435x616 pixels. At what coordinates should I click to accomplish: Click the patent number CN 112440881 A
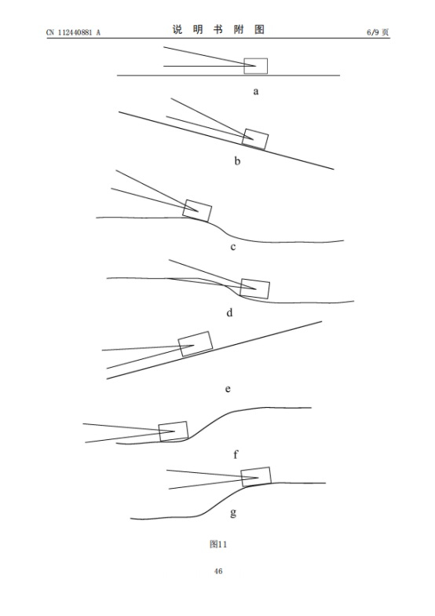tap(73, 33)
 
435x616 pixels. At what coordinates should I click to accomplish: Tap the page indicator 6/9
tap(374, 32)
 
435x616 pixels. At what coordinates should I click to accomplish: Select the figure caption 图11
tap(218, 544)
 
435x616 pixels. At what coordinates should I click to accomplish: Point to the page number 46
tap(218, 570)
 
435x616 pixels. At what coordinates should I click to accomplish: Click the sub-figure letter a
tap(256, 92)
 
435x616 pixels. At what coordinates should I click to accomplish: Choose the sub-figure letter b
tap(237, 160)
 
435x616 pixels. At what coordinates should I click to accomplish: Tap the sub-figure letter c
tap(232, 247)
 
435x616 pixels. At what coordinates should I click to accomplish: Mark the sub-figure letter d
tap(229, 313)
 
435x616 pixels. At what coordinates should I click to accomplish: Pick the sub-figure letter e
tap(228, 390)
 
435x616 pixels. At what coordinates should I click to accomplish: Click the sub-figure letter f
tap(236, 454)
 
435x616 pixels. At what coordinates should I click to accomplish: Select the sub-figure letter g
tap(233, 513)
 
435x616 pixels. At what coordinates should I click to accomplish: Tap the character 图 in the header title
tap(259, 30)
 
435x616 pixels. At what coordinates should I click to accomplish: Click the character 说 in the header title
tap(177, 30)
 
